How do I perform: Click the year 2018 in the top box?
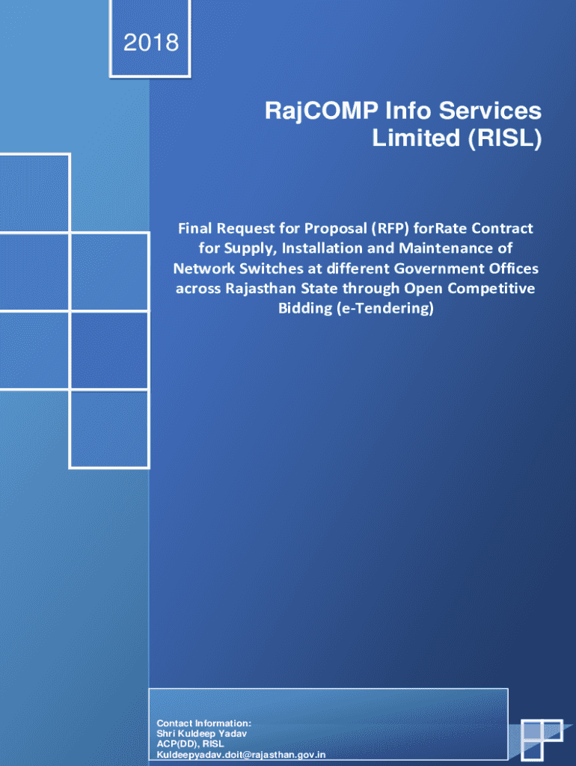[152, 43]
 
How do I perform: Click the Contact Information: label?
[203, 723]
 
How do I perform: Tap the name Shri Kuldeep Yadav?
[201, 734]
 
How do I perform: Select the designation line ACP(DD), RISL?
[190, 744]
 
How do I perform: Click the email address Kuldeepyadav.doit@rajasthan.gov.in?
[240, 756]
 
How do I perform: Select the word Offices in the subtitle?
[494, 268]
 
